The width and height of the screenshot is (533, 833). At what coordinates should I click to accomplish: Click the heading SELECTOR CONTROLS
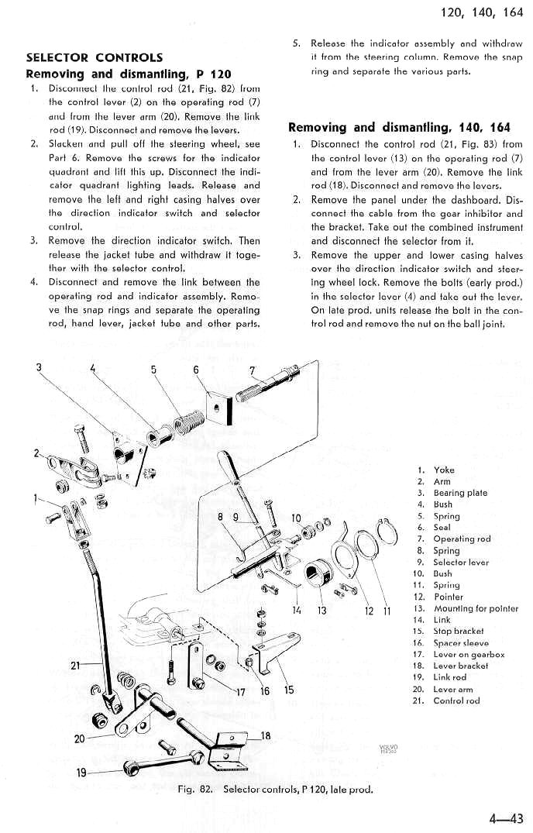[95, 57]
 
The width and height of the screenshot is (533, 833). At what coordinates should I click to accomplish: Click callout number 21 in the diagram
[75, 665]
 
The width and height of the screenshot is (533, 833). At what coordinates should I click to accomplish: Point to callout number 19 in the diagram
[81, 772]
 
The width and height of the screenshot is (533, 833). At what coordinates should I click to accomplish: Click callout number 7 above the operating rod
[252, 370]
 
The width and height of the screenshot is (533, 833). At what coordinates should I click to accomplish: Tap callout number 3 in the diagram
[39, 367]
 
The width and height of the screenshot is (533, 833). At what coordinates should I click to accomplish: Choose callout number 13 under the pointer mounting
[322, 611]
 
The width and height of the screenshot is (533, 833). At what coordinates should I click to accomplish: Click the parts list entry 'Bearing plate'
[460, 493]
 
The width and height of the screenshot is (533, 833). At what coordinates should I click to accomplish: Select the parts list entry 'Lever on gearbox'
[469, 655]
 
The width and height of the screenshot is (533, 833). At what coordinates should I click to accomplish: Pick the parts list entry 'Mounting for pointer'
[476, 608]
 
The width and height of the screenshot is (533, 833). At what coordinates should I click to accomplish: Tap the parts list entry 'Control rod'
[456, 700]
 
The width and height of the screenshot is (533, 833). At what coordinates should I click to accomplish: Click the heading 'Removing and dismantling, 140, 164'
[399, 128]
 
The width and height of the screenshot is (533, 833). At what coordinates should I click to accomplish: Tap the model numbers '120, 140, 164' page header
[482, 12]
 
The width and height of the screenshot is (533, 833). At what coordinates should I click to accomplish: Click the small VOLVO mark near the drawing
[389, 749]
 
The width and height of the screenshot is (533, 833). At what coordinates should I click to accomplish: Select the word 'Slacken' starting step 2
[65, 144]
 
